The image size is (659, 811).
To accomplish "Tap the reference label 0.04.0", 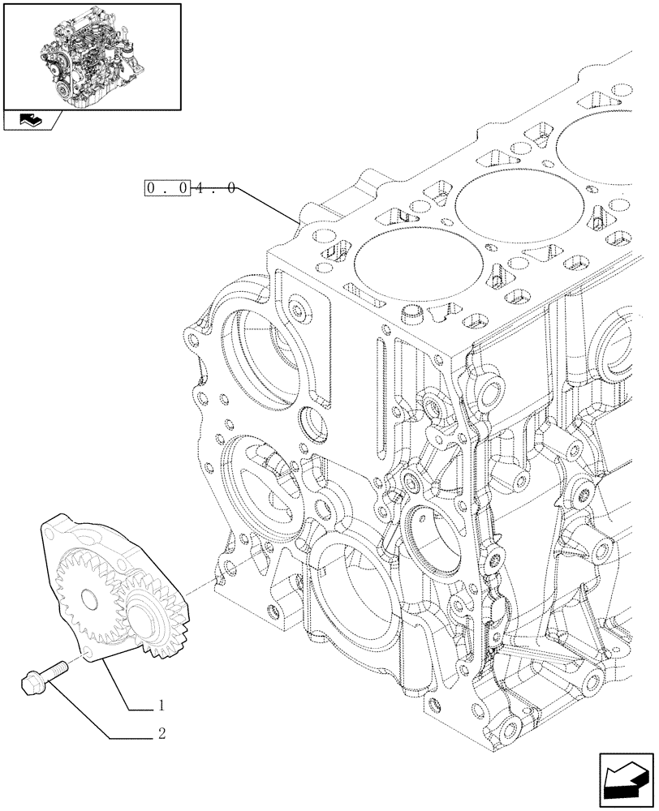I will point(191,188).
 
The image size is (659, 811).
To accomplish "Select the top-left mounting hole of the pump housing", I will point(50,533).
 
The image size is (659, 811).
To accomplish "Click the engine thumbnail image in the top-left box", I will point(91,55).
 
